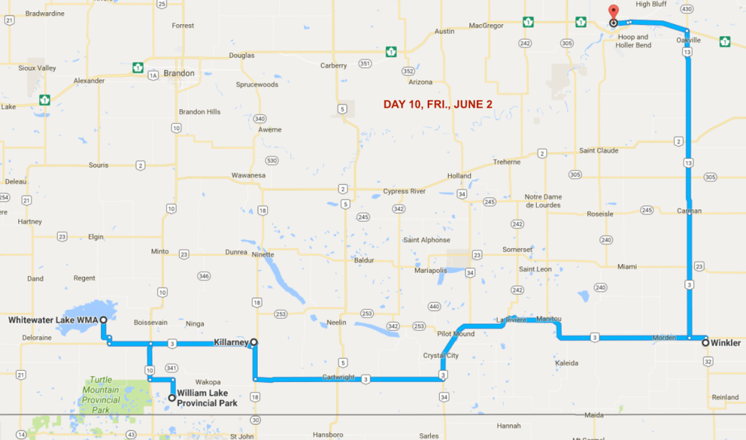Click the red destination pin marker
pos(613,11)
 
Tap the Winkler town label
pos(726,343)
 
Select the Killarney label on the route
pos(231,342)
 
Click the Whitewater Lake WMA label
pos(53,319)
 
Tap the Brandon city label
pos(179,73)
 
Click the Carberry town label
pos(333,65)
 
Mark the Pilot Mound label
pos(455,334)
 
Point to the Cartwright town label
pos(339,377)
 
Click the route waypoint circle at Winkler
pos(706,342)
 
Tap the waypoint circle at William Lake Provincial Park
pos(172,398)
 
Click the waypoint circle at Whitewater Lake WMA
pos(104,319)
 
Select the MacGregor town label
pos(487,26)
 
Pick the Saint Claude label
pos(598,150)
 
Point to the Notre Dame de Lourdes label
pos(543,201)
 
